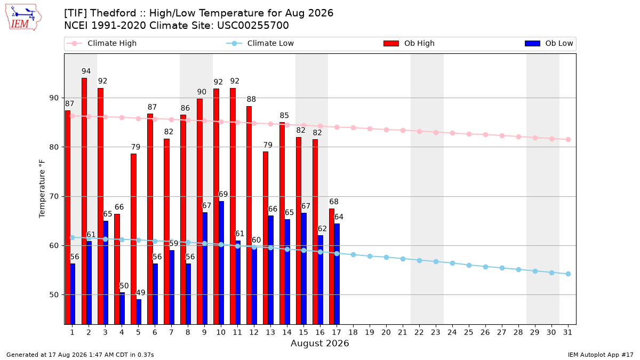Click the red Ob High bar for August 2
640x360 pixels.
point(84,201)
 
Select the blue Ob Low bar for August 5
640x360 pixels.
point(139,311)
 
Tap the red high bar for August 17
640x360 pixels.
point(332,267)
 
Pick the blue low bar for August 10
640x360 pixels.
point(221,263)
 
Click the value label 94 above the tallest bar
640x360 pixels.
point(86,71)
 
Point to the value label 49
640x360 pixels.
point(141,293)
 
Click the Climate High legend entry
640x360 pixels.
point(102,43)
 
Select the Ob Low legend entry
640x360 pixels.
point(549,43)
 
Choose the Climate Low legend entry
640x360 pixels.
point(260,43)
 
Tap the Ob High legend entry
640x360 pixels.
point(409,43)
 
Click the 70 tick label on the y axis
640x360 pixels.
point(54,197)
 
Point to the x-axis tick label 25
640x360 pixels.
point(469,332)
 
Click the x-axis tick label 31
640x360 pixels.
point(568,332)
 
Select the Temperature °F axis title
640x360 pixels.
point(42,189)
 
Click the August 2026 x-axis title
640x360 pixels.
point(319,343)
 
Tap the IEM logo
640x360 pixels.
point(23,18)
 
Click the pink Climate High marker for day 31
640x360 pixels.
point(569,139)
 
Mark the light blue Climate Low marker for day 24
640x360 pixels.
point(453,263)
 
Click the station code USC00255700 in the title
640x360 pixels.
point(253,26)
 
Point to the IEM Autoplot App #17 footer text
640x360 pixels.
point(601,355)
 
